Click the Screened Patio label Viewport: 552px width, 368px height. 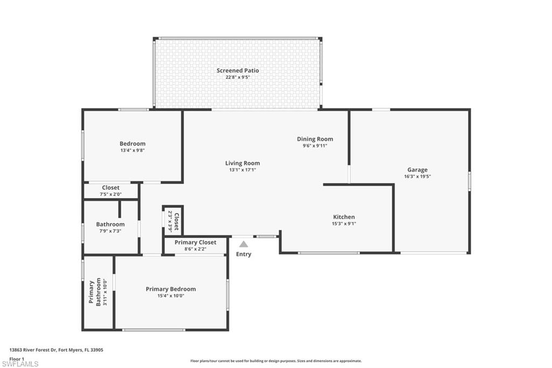click(x=238, y=71)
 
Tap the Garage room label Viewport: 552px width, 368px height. click(x=417, y=170)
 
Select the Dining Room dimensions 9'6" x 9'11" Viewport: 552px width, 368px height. click(x=315, y=146)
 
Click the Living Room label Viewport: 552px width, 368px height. click(x=243, y=163)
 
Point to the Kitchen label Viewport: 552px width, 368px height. click(x=344, y=217)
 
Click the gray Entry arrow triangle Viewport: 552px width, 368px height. click(x=244, y=244)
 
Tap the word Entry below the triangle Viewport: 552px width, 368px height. click(x=244, y=254)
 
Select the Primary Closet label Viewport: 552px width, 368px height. click(x=195, y=243)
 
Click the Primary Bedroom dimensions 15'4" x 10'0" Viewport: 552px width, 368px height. click(x=171, y=296)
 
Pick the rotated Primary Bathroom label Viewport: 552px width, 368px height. click(x=95, y=292)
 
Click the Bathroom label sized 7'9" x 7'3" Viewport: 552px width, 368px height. click(x=111, y=224)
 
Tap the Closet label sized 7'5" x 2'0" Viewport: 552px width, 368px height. click(x=111, y=188)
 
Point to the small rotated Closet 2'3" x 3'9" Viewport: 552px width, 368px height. click(x=173, y=220)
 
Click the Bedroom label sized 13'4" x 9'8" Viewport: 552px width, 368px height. click(x=133, y=144)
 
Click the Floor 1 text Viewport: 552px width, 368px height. click(x=17, y=358)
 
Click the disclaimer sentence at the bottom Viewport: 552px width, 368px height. click(x=276, y=361)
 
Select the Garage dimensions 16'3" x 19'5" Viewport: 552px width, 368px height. click(x=417, y=176)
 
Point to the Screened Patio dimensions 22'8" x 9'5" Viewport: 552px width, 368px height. click(x=238, y=77)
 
